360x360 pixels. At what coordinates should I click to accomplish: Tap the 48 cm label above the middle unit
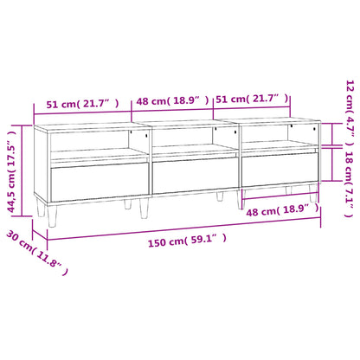tap(169, 102)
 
